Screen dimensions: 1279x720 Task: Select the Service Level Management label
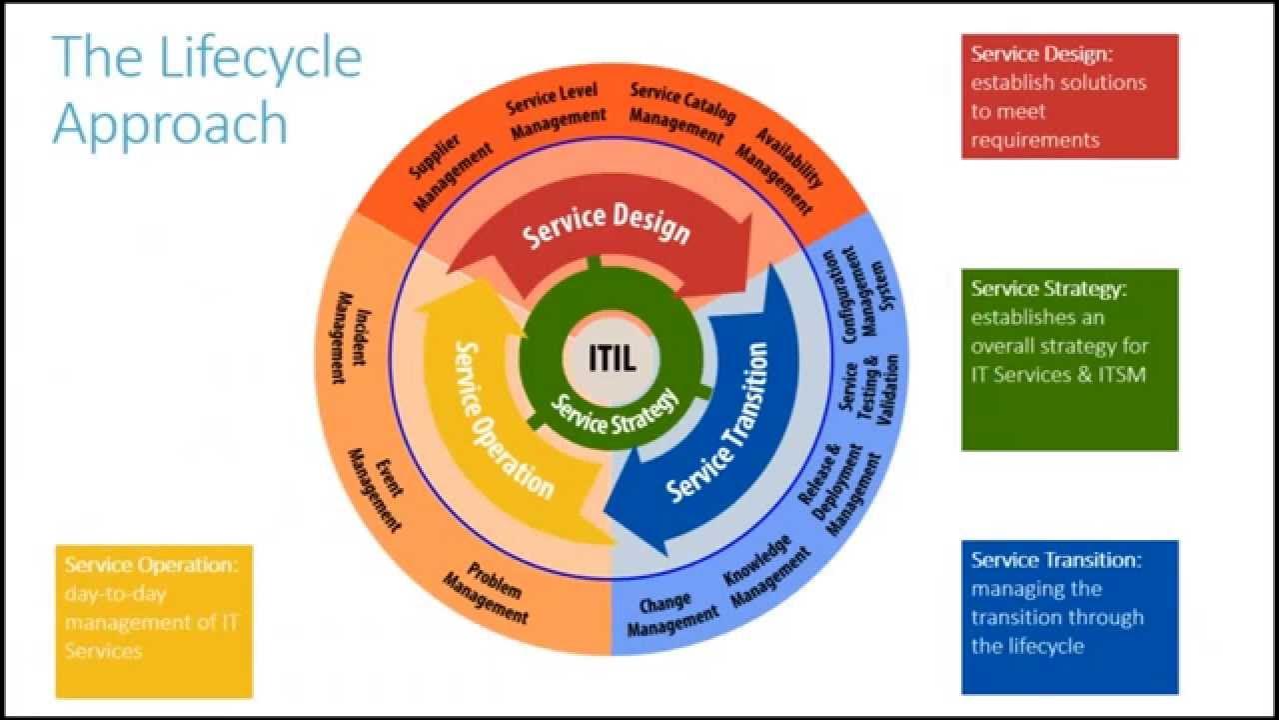pos(555,111)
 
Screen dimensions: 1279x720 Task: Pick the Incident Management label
pos(351,337)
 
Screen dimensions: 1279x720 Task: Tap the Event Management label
pos(376,489)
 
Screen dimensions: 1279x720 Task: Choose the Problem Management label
pos(487,593)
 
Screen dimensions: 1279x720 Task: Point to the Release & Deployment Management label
pos(838,490)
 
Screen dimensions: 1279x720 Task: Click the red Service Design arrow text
pos(606,225)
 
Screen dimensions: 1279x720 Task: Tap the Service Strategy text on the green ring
pos(615,411)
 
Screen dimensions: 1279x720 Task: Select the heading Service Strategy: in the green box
pos(1049,289)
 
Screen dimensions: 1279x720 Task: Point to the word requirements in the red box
pos(1034,139)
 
